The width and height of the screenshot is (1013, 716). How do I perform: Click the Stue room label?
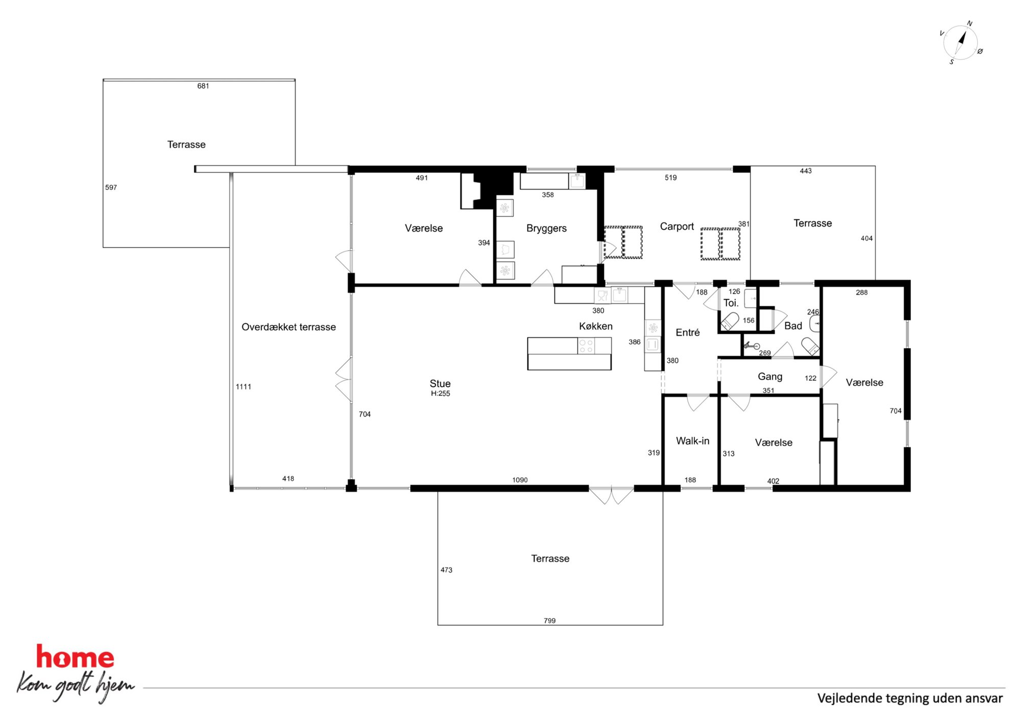point(440,383)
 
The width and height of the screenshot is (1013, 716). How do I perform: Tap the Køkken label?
point(595,326)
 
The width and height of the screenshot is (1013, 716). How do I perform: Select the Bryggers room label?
point(546,228)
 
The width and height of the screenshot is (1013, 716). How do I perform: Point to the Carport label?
point(677,226)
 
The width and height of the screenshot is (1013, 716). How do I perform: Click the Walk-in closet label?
point(692,440)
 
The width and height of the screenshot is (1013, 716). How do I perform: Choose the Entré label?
point(687,332)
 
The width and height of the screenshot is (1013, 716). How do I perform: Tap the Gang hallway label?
point(769,377)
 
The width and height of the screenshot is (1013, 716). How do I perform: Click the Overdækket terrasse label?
point(288,327)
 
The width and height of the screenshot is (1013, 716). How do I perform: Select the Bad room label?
point(793,326)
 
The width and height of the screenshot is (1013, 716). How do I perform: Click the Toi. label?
point(731,303)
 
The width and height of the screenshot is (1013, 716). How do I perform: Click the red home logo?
point(75,657)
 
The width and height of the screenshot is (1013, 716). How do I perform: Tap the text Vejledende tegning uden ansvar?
point(910,698)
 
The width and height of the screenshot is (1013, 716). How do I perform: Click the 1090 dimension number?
point(520,480)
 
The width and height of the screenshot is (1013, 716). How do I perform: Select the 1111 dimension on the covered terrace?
point(244,386)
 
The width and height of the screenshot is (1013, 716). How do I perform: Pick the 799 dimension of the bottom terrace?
point(549,621)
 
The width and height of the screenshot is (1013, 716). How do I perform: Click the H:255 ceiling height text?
point(440,393)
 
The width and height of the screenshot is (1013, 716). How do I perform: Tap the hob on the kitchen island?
point(586,346)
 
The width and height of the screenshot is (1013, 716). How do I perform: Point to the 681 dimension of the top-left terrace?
point(203,86)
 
